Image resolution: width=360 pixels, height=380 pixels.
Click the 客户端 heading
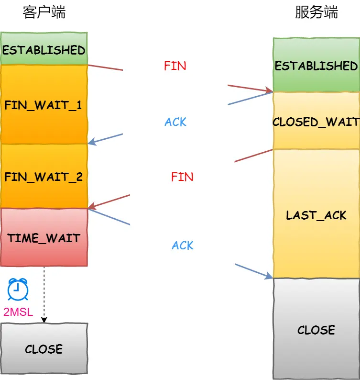tap(44, 13)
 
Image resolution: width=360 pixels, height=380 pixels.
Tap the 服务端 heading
tap(316, 13)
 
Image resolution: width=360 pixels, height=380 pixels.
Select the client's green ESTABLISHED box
tap(44, 49)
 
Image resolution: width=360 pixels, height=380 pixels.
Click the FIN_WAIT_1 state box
tap(44, 105)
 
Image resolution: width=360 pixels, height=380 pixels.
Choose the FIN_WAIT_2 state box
tap(44, 177)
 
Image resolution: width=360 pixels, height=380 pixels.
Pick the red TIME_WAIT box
tap(44, 237)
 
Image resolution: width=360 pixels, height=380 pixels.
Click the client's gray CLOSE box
tap(44, 348)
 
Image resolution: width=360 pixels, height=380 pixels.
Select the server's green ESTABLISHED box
tap(316, 66)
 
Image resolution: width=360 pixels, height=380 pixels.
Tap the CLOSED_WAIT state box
tap(316, 122)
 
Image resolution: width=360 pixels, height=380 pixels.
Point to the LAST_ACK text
tap(316, 215)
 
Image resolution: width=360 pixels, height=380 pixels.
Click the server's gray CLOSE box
tap(316, 329)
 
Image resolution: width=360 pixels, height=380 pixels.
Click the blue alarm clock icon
tap(18, 290)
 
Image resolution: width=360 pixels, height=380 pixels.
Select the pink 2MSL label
tap(18, 312)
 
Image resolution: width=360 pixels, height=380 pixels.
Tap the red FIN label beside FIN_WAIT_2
tap(182, 177)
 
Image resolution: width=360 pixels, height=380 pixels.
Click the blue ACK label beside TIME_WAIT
tap(183, 246)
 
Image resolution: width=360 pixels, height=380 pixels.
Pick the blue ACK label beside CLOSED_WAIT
tap(175, 122)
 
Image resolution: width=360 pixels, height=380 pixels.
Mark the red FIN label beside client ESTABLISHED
tap(175, 66)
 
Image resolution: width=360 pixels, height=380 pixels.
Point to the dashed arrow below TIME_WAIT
tap(44, 294)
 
